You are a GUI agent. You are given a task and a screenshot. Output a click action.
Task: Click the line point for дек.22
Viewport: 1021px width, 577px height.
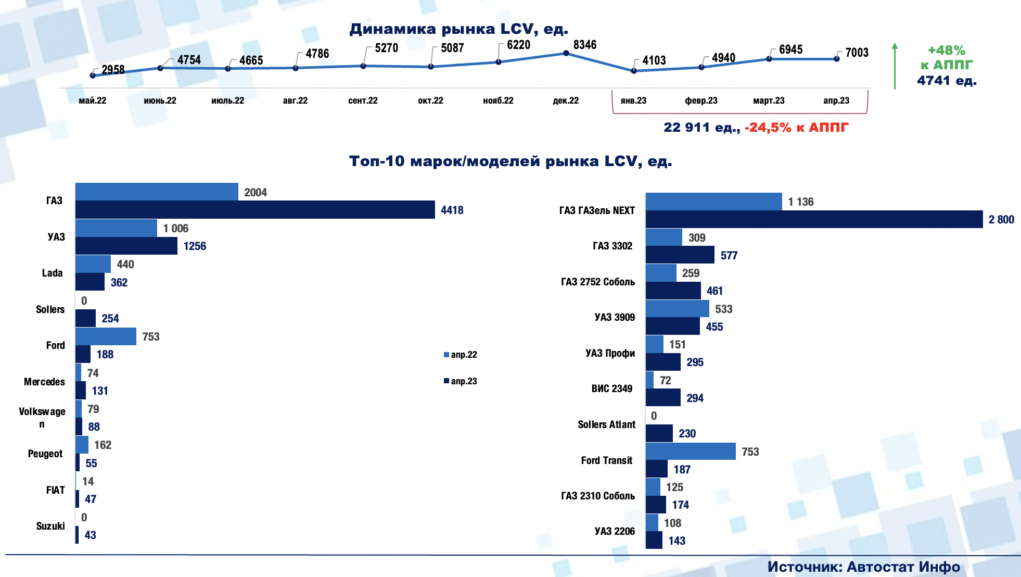(x=566, y=53)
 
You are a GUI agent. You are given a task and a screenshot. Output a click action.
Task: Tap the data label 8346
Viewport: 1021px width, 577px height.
(x=585, y=45)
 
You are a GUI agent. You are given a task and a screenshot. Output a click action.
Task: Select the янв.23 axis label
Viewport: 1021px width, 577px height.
(x=633, y=101)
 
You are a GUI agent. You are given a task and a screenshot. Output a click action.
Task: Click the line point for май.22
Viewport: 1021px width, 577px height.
(x=93, y=76)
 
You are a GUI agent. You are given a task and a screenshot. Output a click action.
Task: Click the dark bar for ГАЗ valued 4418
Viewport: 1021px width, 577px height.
(x=255, y=210)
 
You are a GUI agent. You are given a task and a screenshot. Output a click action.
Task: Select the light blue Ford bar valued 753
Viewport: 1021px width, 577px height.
(x=106, y=336)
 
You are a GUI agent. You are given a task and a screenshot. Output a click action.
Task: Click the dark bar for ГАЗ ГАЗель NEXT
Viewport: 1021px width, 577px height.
(x=814, y=219)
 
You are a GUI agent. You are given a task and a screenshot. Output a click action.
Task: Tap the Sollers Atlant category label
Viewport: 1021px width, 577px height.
(x=606, y=424)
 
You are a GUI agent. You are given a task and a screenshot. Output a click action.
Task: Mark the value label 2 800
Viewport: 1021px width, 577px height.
(x=1001, y=220)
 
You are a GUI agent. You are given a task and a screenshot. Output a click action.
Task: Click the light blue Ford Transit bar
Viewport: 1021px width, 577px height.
(x=691, y=451)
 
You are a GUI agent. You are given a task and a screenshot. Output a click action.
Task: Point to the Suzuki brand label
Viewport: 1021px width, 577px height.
(x=50, y=526)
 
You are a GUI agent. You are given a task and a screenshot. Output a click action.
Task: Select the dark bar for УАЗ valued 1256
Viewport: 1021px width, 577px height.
(x=126, y=246)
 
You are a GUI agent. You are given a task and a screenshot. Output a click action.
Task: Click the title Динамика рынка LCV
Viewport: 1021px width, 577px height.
(x=458, y=29)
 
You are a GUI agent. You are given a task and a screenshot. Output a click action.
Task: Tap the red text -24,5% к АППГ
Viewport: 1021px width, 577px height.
(x=796, y=128)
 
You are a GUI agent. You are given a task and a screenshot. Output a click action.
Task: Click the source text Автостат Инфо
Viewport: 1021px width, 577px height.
(x=903, y=567)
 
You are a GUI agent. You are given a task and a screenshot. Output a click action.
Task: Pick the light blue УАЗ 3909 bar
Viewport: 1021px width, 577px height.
(x=677, y=309)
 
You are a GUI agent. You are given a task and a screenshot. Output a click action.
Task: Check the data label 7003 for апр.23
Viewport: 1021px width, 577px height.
(x=857, y=53)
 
